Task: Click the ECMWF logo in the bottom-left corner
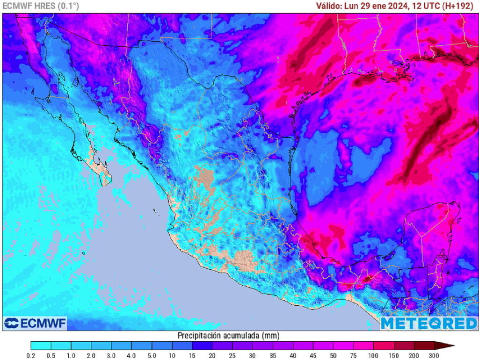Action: [x=35, y=323]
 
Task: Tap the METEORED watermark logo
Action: [x=428, y=323]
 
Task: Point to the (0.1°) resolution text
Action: [x=69, y=6]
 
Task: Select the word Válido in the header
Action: [x=328, y=6]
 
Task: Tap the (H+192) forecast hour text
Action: [x=459, y=6]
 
